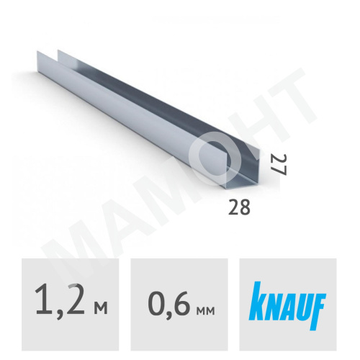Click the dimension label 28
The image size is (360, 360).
(x=240, y=209)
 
